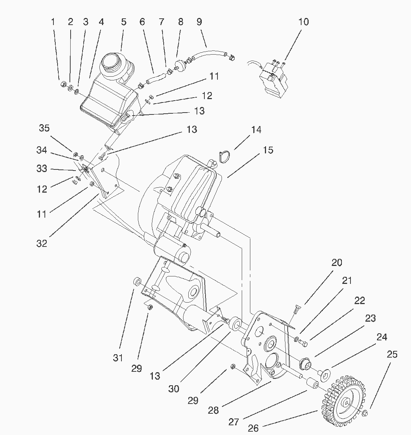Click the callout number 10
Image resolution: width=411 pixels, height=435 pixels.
(x=303, y=22)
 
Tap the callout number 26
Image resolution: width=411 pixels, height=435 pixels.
(x=253, y=428)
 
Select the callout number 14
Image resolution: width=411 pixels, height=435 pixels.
(x=256, y=130)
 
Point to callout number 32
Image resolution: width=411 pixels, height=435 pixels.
(x=42, y=243)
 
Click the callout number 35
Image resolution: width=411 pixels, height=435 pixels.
(x=44, y=128)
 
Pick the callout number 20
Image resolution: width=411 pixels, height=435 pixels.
(x=337, y=263)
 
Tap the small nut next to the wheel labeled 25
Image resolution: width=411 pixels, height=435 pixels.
(x=366, y=413)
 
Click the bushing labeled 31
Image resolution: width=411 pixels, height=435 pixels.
(x=137, y=282)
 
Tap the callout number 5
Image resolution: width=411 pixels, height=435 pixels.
(x=124, y=22)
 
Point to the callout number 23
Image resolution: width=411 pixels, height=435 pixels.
(x=370, y=318)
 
